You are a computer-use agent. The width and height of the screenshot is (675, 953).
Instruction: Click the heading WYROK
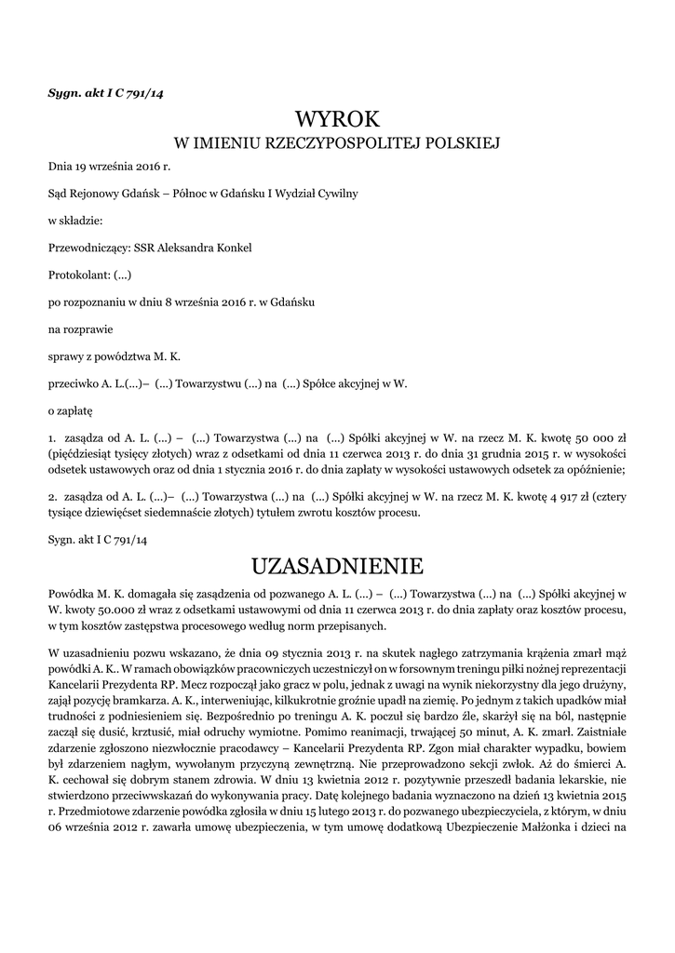337,118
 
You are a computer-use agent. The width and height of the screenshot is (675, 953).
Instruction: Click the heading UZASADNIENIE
337,565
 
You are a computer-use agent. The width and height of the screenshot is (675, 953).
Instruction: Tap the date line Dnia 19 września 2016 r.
110,168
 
